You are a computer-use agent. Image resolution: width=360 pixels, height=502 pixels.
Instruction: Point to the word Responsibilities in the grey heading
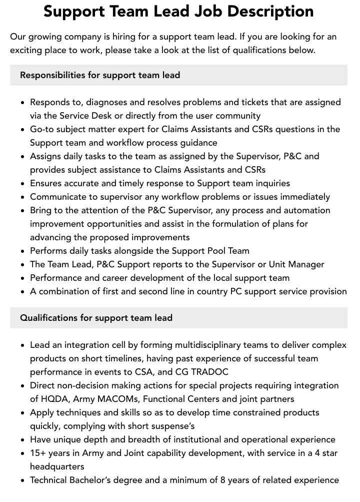[52, 75]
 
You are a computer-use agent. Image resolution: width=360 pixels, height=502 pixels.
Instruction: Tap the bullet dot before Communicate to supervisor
[22, 197]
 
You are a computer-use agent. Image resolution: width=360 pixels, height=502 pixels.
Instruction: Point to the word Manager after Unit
[306, 264]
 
